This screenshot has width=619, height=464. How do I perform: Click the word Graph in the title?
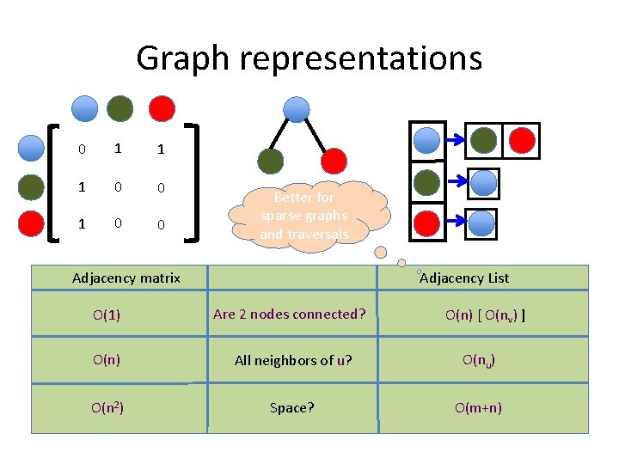pyautogui.click(x=183, y=58)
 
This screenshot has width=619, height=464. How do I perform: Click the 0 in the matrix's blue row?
pyautogui.click(x=82, y=150)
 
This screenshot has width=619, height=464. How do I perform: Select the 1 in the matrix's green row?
pyautogui.click(x=82, y=186)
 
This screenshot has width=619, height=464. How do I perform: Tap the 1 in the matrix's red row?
pyautogui.click(x=82, y=223)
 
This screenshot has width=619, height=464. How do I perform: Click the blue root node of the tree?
pyautogui.click(x=297, y=109)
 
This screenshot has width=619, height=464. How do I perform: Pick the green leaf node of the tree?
pyautogui.click(x=271, y=161)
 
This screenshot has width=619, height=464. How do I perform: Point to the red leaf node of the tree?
pyautogui.click(x=334, y=161)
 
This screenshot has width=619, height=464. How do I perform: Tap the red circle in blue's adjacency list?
pyautogui.click(x=520, y=140)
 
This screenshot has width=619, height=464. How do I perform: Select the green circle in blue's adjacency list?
pyautogui.click(x=485, y=140)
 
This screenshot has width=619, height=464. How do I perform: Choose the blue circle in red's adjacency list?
pyautogui.click(x=482, y=223)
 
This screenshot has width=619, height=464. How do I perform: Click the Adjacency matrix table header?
pyautogui.click(x=126, y=278)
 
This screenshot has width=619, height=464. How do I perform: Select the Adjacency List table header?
pyautogui.click(x=464, y=278)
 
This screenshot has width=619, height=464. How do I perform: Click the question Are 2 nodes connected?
pyautogui.click(x=290, y=314)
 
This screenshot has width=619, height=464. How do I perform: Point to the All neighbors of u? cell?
pyautogui.click(x=292, y=361)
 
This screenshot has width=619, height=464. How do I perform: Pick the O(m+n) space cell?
pyautogui.click(x=478, y=408)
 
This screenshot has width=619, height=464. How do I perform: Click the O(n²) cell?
pyautogui.click(x=107, y=407)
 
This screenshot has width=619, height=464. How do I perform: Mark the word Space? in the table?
pyautogui.click(x=292, y=408)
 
